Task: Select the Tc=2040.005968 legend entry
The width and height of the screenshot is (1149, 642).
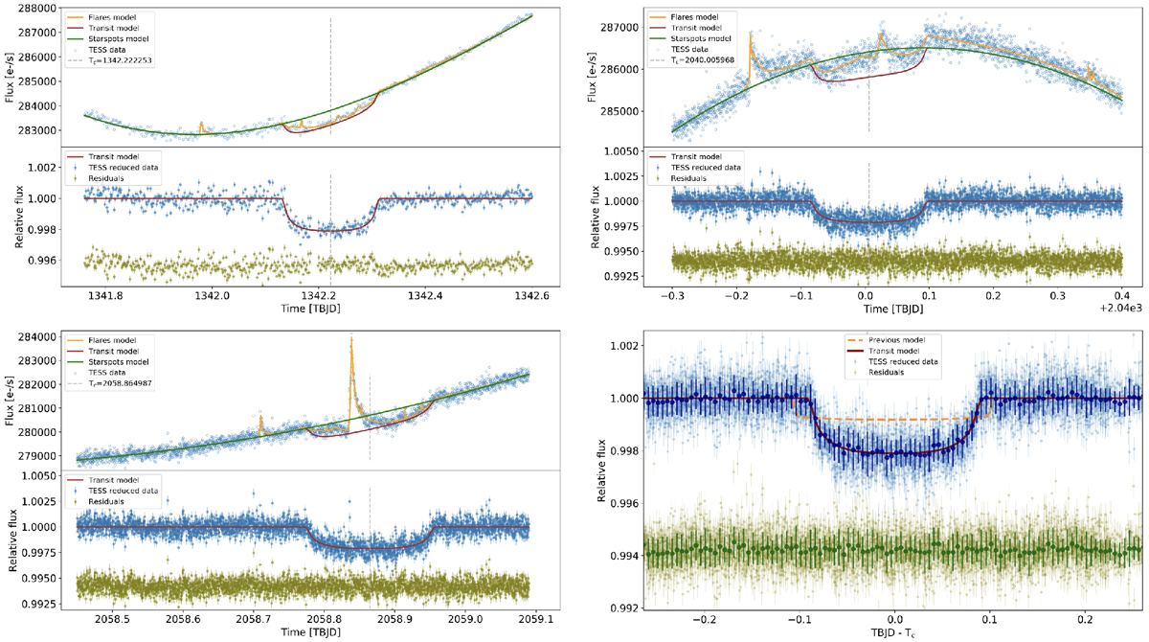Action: pos(708,59)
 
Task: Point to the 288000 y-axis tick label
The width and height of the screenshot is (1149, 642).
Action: pos(36,8)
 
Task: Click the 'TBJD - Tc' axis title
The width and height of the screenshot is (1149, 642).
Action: pos(894,633)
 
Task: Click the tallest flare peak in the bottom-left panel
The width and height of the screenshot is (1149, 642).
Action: pos(351,338)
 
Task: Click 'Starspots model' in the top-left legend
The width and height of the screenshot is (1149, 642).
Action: pos(105,35)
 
